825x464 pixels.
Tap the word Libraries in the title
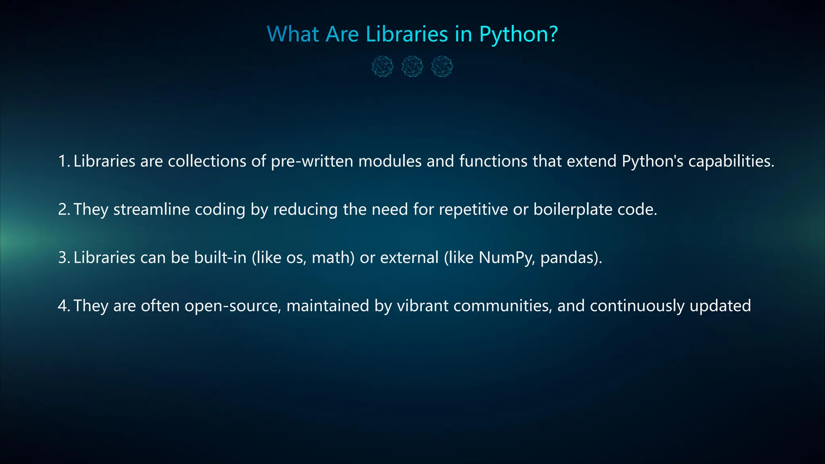406,34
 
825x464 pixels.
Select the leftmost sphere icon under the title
382,66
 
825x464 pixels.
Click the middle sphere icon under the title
412,66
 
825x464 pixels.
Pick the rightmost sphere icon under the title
442,66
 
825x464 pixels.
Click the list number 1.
63,161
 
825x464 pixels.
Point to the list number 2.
63,209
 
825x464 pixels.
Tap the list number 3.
63,258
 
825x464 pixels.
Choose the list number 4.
63,306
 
